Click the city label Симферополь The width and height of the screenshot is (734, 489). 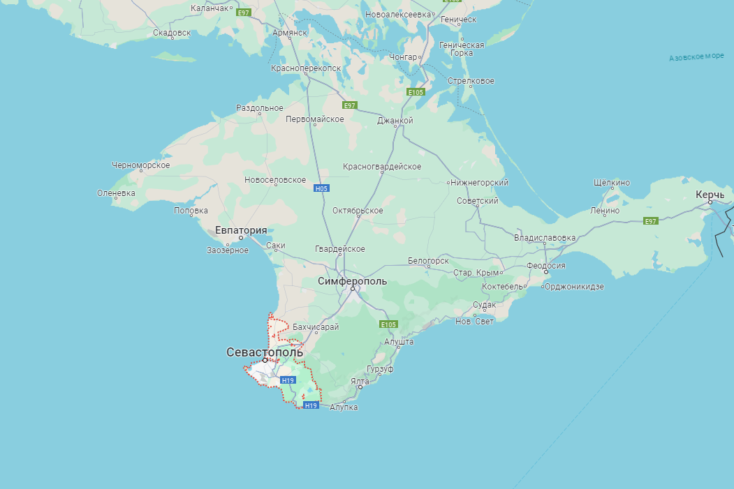[x=352, y=281]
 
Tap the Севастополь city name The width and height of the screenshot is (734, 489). [x=265, y=352]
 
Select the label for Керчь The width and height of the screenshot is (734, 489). [x=710, y=195]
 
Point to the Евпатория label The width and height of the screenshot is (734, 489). [x=241, y=230]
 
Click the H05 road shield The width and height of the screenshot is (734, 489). [x=321, y=188]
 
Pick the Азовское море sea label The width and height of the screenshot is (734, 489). [x=696, y=57]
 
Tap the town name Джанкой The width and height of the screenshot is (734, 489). [x=395, y=121]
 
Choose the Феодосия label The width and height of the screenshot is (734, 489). [x=545, y=265]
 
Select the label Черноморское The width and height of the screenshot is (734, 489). [x=140, y=165]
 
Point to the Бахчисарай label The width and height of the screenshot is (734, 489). [x=316, y=326]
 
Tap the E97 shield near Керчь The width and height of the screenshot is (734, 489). [x=651, y=221]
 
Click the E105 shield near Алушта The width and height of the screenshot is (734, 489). [x=388, y=324]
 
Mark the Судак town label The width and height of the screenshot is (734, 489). [x=484, y=305]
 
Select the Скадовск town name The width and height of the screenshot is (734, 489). [x=171, y=33]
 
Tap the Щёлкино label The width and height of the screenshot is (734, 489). [x=611, y=183]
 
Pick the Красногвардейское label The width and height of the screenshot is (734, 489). [x=382, y=167]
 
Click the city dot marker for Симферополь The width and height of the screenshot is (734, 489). [x=353, y=289]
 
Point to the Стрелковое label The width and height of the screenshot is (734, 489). [x=471, y=81]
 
